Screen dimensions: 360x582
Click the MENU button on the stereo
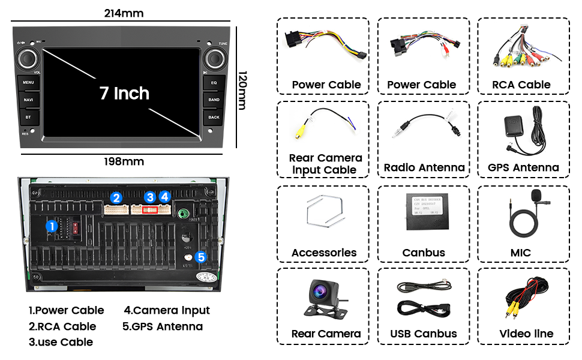[28, 82]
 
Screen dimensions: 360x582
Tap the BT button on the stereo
[28, 116]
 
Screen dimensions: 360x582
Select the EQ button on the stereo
[214, 82]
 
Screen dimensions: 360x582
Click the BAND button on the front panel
[214, 99]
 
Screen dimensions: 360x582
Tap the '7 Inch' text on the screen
[124, 93]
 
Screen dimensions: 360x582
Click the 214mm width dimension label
[124, 13]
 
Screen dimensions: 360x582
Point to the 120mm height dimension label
[242, 90]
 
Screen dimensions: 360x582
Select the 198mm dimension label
[124, 161]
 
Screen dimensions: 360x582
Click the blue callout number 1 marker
[52, 226]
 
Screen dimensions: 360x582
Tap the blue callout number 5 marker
[201, 257]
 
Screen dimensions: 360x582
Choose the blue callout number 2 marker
[116, 197]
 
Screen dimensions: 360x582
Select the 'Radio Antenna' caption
[424, 167]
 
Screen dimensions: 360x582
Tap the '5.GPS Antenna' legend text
[163, 326]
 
